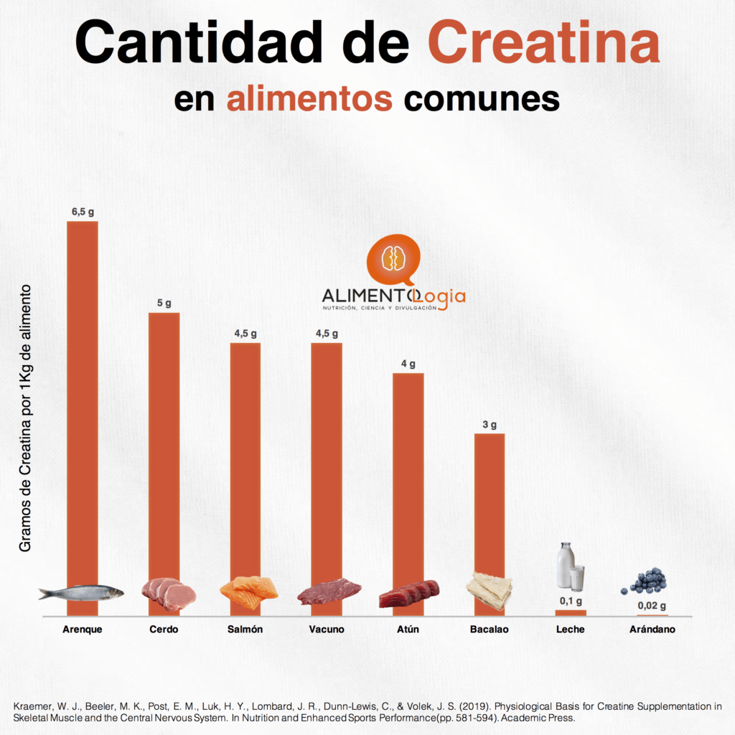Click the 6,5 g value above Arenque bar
pos(83,212)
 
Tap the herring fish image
pos(80,593)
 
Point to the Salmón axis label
pos(245,629)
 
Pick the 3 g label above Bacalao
pos(490,425)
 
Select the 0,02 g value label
pos(652,606)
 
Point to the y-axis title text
pos(26,418)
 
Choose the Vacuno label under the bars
pos(327,629)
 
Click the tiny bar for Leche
pos(571,612)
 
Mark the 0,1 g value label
pos(571,601)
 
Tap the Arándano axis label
pos(652,629)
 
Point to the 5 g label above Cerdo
pos(164,304)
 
